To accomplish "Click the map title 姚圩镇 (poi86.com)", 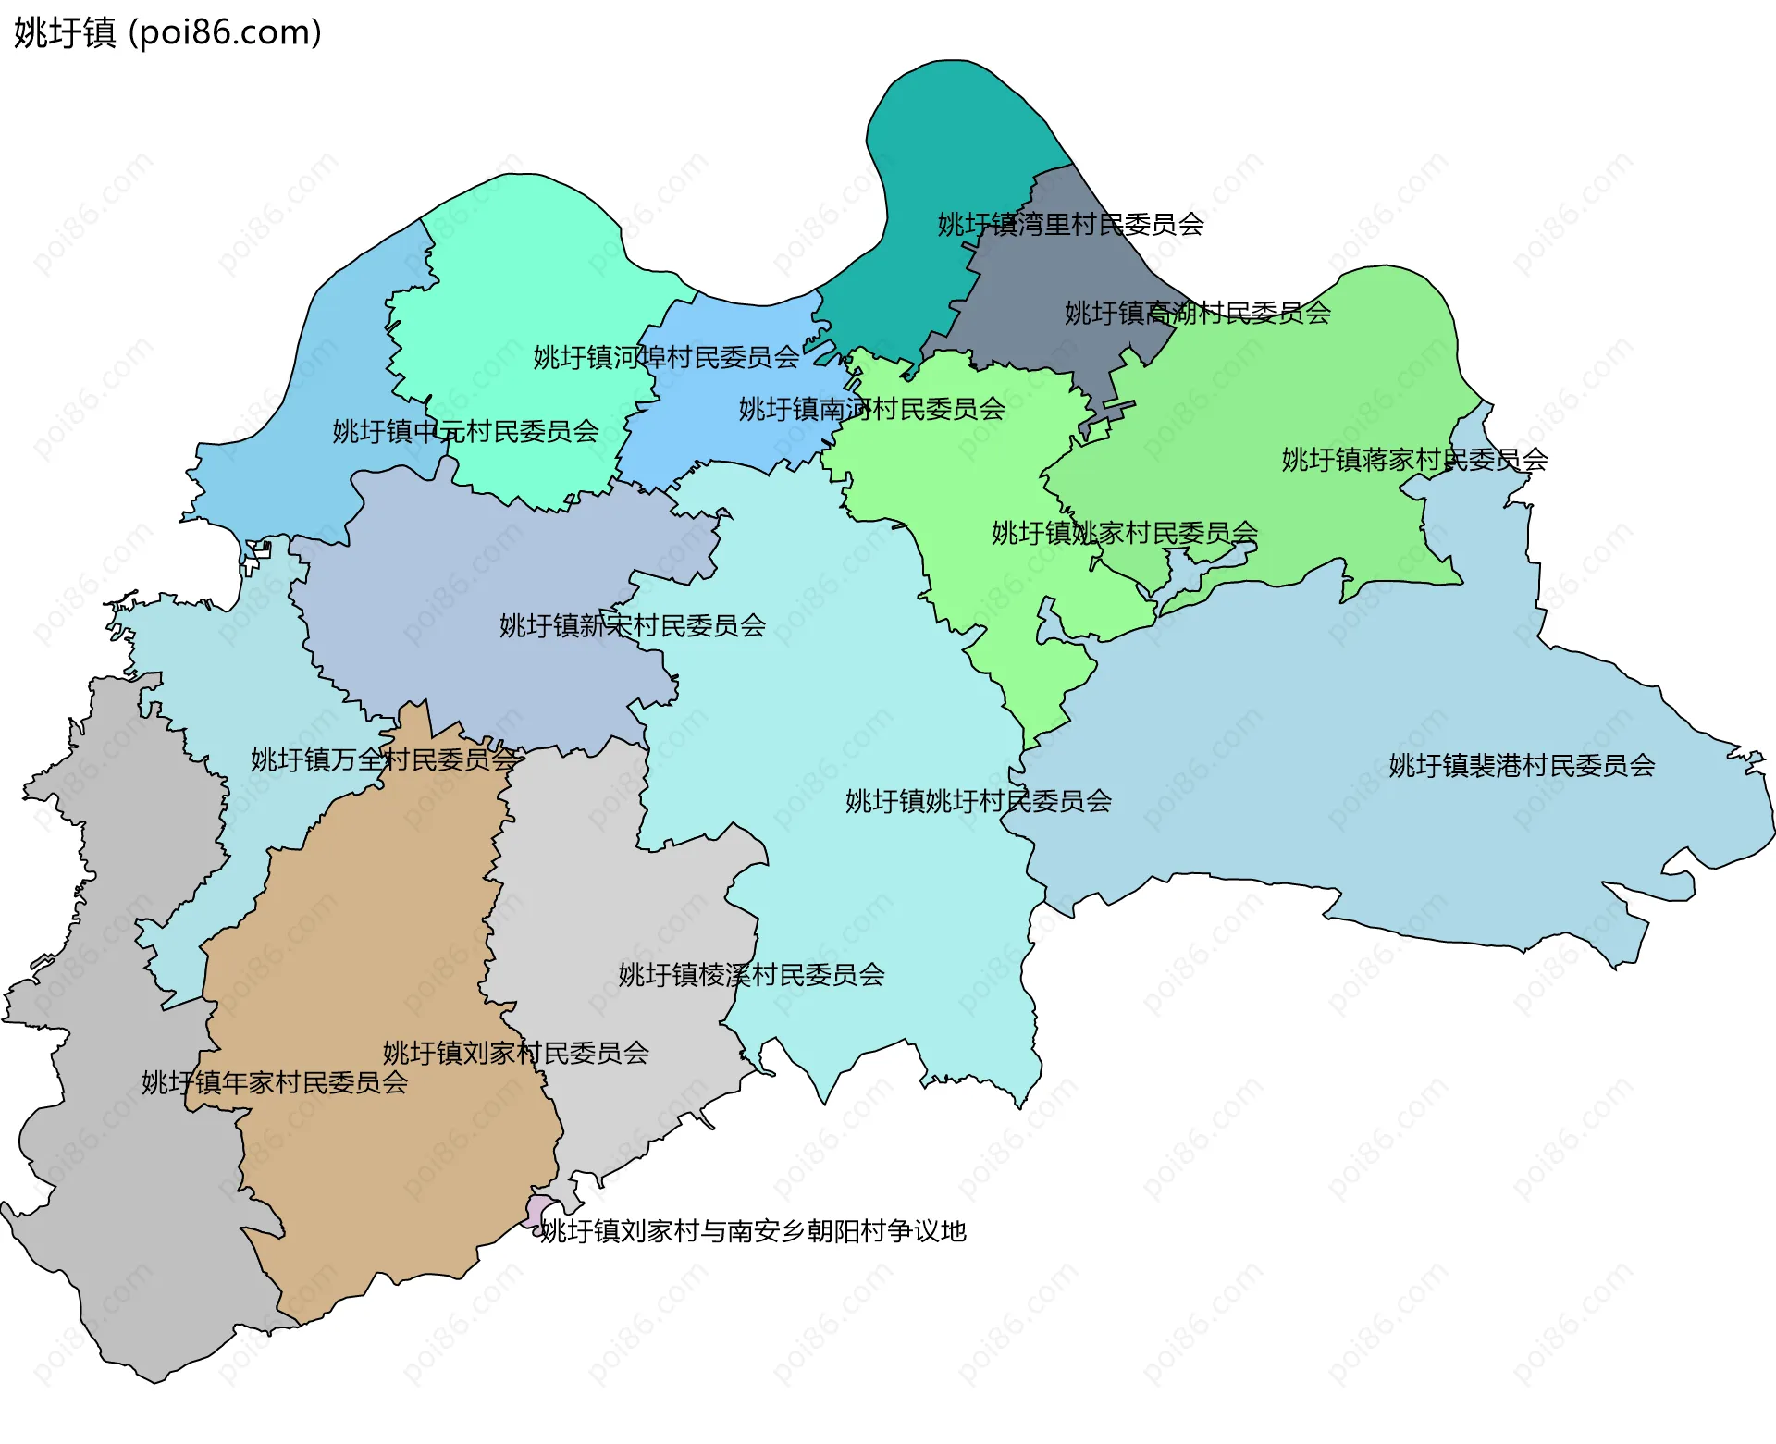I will [x=167, y=33].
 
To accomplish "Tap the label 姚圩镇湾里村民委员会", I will [x=1070, y=225].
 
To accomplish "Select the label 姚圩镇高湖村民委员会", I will [x=1197, y=314].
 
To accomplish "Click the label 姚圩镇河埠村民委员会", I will [x=666, y=358].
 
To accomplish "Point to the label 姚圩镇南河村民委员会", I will [x=871, y=410].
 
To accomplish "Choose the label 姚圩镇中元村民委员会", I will [x=465, y=432].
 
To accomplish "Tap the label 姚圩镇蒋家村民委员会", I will [x=1414, y=460].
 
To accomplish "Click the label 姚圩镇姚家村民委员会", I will [x=1124, y=534].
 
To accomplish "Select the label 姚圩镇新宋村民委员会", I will [x=632, y=626].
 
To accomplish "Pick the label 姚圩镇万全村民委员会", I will [x=384, y=760].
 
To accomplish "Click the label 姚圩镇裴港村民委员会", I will [x=1522, y=766].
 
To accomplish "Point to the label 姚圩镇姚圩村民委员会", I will [x=978, y=801].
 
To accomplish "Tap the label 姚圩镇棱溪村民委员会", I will [x=751, y=975].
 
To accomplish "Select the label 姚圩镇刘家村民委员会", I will [x=515, y=1053].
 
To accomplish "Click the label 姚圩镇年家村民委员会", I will [x=274, y=1083].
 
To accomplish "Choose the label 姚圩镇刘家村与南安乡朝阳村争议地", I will [x=753, y=1232].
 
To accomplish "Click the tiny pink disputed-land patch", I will [x=537, y=1209].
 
